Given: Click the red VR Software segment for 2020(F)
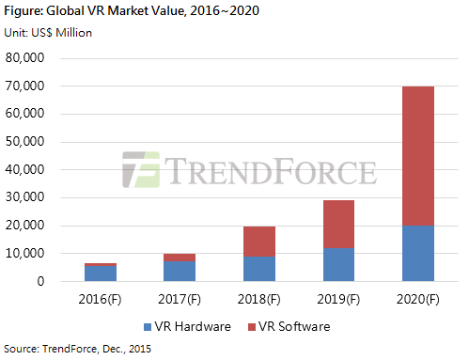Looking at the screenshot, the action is click(418, 156).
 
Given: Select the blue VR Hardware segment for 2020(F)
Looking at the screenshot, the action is click(418, 253).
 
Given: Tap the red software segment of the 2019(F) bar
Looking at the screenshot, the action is click(338, 225).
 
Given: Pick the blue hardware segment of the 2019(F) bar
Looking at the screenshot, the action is click(338, 265).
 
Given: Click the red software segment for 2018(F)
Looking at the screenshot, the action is click(259, 242).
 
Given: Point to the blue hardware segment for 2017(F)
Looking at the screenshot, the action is click(180, 271).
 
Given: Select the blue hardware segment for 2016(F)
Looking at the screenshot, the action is click(101, 274).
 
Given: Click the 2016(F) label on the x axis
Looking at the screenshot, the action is click(100, 299).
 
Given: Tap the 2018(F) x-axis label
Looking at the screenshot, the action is click(259, 299).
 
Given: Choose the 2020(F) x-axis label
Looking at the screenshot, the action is click(418, 299).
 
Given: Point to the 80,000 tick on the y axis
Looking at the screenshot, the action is click(24, 57).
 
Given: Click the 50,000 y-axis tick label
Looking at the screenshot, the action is click(24, 142).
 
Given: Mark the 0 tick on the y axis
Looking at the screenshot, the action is click(40, 281).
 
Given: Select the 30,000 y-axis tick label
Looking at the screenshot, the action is click(24, 197).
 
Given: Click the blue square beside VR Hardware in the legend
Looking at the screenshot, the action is click(148, 327).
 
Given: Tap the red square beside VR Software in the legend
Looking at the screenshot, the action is click(252, 327).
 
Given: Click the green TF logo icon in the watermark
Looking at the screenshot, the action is click(141, 169).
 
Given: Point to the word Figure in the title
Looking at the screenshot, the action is click(23, 11).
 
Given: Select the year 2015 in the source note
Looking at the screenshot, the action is click(140, 349).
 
